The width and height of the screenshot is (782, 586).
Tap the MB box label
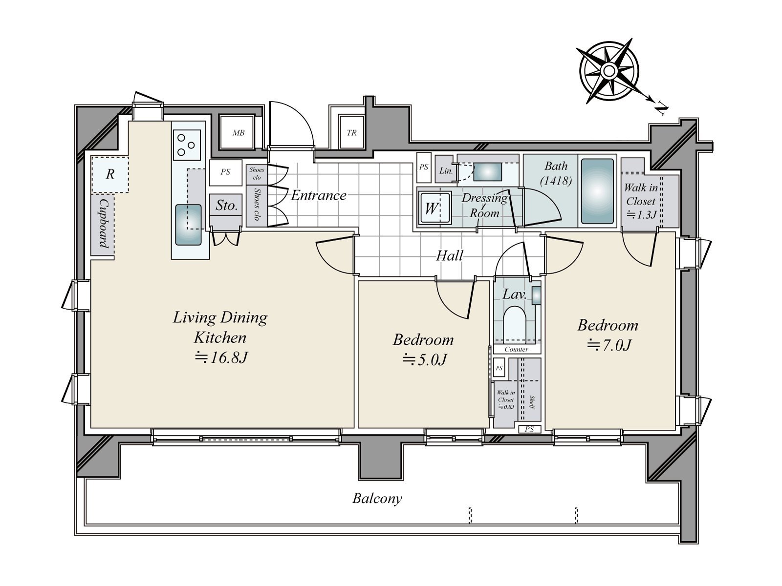239,133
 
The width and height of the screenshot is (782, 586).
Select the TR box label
351,133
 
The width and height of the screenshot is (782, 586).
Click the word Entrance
319,195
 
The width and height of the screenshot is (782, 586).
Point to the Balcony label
377,499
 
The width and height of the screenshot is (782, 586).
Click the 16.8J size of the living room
221,357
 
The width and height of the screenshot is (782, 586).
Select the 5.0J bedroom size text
424,360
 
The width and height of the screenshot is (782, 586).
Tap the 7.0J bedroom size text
609,345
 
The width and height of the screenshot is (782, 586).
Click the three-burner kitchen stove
187,145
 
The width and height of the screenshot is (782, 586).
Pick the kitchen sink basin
188,225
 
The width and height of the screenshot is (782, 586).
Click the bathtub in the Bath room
597,191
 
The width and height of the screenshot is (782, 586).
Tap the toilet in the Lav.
516,324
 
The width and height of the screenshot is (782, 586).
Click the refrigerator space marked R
110,174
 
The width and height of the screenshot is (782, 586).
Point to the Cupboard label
104,223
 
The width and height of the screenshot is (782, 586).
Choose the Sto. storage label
226,205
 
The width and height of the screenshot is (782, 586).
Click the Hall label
450,255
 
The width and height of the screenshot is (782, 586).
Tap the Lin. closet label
446,171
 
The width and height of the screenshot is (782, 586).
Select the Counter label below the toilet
516,349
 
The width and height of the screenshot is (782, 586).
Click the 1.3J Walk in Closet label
641,201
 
